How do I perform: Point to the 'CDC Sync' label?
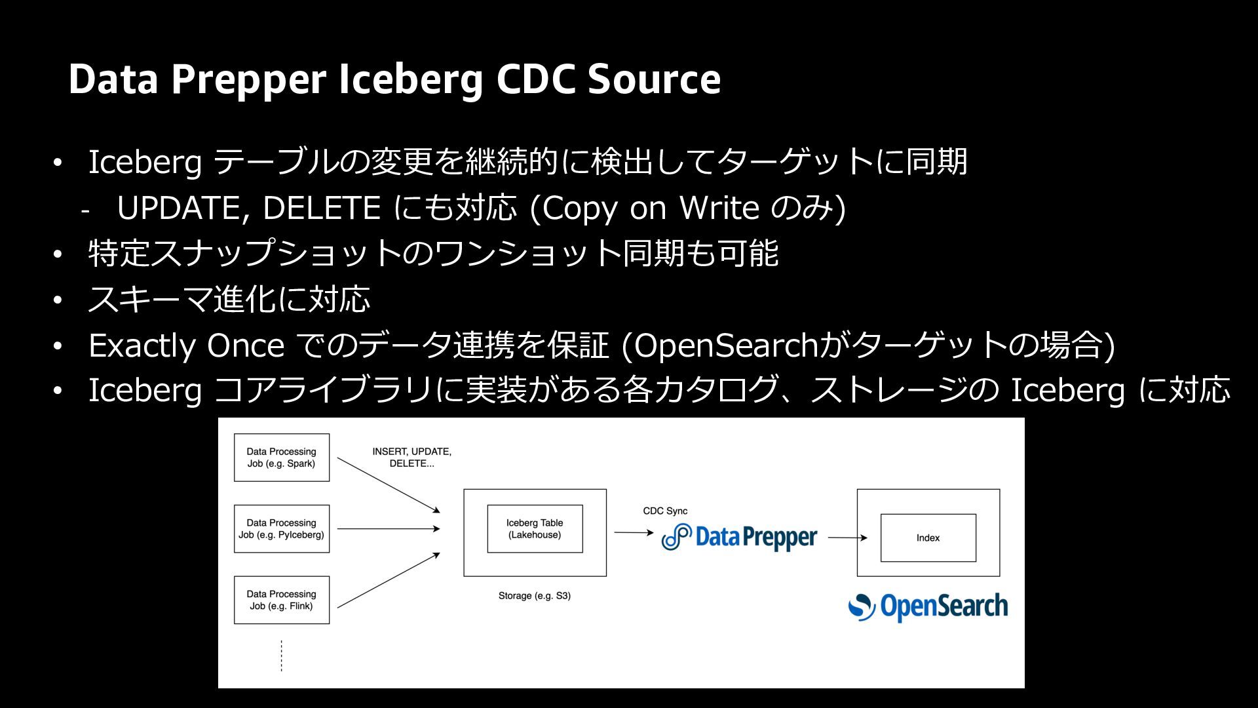tap(665, 511)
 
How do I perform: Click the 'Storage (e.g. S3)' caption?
tap(535, 596)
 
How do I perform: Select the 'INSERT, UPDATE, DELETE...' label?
tap(411, 458)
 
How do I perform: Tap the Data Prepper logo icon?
tap(677, 537)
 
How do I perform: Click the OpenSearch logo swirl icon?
tap(862, 607)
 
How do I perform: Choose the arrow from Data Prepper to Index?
tap(848, 538)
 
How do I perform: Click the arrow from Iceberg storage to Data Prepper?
tap(634, 533)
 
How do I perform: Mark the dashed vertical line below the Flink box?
tap(282, 656)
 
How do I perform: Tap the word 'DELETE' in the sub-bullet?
tap(322, 208)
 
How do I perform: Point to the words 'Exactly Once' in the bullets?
tap(187, 345)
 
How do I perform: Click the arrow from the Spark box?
tap(389, 485)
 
